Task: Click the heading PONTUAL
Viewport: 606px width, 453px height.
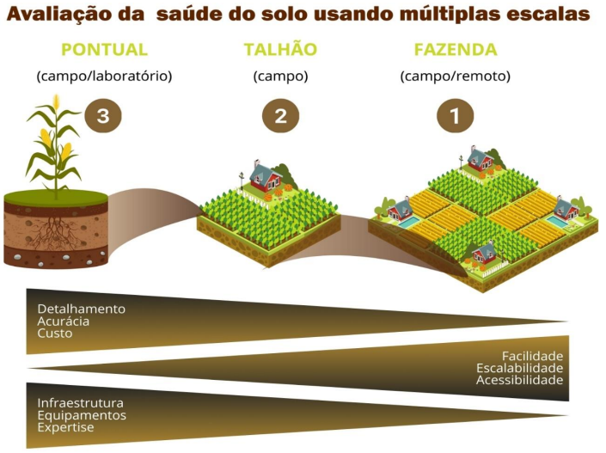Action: coord(104,49)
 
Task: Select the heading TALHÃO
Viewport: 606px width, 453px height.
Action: coord(280,49)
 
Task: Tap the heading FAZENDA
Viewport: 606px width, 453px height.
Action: coord(455,49)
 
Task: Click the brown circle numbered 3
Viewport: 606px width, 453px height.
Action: coord(103,117)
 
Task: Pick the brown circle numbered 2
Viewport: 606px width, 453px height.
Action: coord(280,117)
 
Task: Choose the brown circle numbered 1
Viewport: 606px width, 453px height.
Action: coord(455,117)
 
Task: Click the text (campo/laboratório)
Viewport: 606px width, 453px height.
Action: coord(104,76)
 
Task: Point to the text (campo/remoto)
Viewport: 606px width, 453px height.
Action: coord(455,76)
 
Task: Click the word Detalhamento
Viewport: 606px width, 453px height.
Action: coord(81,309)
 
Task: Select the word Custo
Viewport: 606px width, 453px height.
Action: coord(54,333)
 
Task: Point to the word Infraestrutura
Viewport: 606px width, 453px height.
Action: coord(80,403)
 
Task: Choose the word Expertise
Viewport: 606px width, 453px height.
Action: coord(65,427)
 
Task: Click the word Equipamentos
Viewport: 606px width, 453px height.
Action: coord(82,415)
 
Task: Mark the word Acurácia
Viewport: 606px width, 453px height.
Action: coord(63,321)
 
